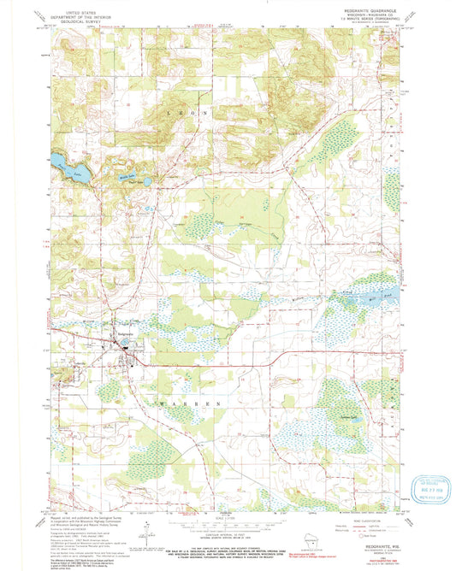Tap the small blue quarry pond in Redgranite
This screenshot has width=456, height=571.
(126, 348)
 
